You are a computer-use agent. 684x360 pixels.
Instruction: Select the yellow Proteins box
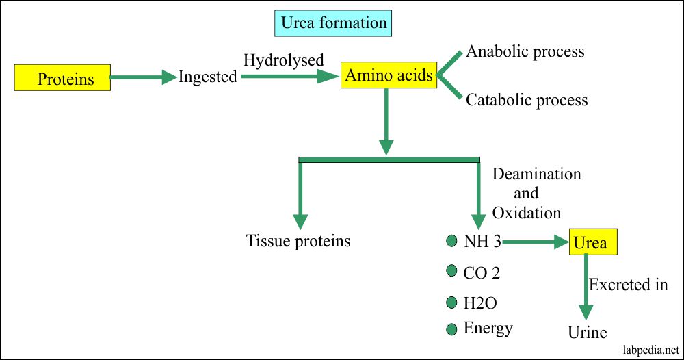click(x=62, y=79)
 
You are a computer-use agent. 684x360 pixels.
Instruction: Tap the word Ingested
click(x=207, y=77)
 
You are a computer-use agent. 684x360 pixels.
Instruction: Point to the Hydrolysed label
click(x=283, y=60)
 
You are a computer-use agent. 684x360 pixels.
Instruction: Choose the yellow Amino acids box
click(x=389, y=75)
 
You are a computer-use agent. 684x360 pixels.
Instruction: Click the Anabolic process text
click(x=525, y=51)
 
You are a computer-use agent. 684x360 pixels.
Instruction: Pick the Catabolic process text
click(x=527, y=100)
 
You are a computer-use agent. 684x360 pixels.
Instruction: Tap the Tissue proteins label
click(x=298, y=241)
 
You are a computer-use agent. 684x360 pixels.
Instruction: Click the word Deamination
click(x=536, y=174)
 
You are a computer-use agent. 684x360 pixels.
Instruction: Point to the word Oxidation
click(x=527, y=213)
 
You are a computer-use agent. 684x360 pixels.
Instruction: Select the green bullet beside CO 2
click(x=451, y=271)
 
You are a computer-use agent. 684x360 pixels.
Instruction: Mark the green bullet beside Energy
click(x=451, y=329)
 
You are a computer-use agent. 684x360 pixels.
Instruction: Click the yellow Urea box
click(x=589, y=242)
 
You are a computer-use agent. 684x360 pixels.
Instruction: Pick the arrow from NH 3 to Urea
click(x=534, y=241)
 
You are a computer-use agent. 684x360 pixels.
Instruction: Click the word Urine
click(x=588, y=333)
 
